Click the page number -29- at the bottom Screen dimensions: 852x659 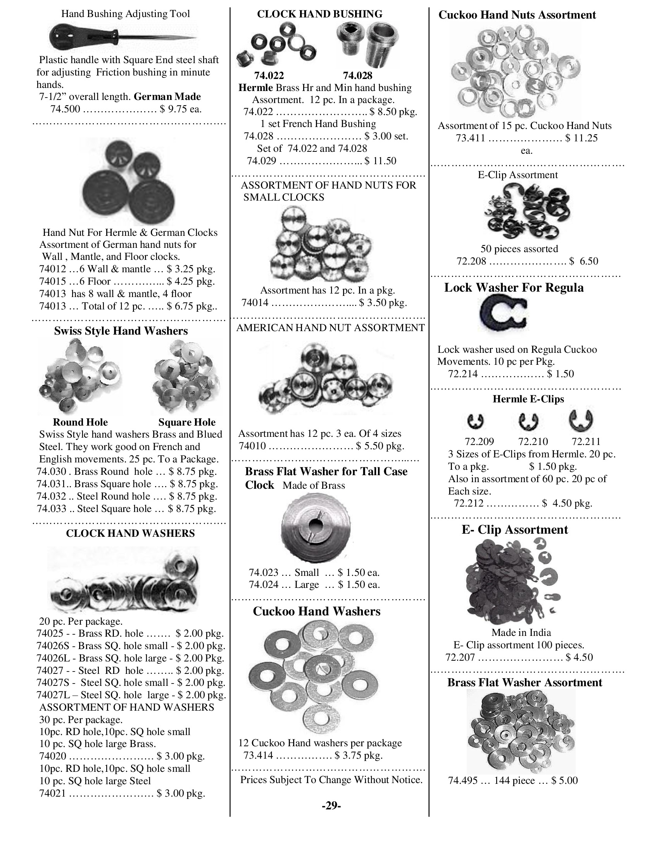click(331, 806)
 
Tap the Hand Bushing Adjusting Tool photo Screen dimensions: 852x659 click(123, 37)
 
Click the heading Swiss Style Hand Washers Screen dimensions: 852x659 click(121, 331)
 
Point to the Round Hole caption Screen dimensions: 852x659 click(80, 422)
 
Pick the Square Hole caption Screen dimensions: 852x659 click(186, 422)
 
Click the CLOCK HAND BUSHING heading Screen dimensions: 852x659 click(319, 14)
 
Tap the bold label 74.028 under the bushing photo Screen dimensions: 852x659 click(357, 76)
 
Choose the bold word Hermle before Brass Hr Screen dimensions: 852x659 click(255, 88)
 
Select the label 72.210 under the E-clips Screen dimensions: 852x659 click(533, 441)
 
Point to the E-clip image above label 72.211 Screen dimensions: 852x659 click(581, 420)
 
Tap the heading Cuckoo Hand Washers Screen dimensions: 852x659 click(316, 611)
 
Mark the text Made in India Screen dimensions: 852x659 click(521, 632)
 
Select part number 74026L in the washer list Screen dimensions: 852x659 click(53, 658)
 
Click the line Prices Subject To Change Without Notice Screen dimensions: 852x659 click(331, 780)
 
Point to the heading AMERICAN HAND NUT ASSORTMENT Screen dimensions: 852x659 click(330, 328)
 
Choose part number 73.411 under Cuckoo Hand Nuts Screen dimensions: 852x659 click(470, 138)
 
